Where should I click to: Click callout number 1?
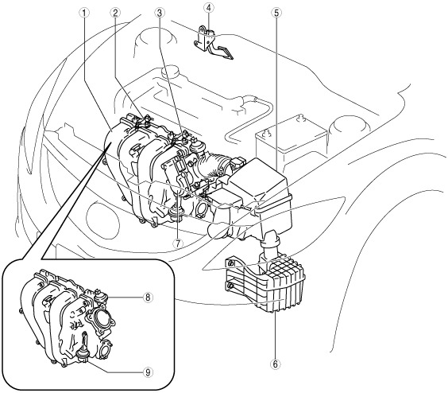tap(84, 12)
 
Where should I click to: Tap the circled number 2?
tap(115, 12)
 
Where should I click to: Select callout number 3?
tap(159, 12)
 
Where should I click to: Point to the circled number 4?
tap(209, 8)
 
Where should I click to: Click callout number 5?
tap(276, 12)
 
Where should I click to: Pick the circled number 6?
tap(275, 364)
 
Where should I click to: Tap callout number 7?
tap(178, 243)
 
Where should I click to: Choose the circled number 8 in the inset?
tap(148, 298)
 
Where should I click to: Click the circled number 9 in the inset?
tap(148, 372)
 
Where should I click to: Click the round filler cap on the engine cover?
tap(169, 72)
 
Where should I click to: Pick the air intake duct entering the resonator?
tap(271, 245)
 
